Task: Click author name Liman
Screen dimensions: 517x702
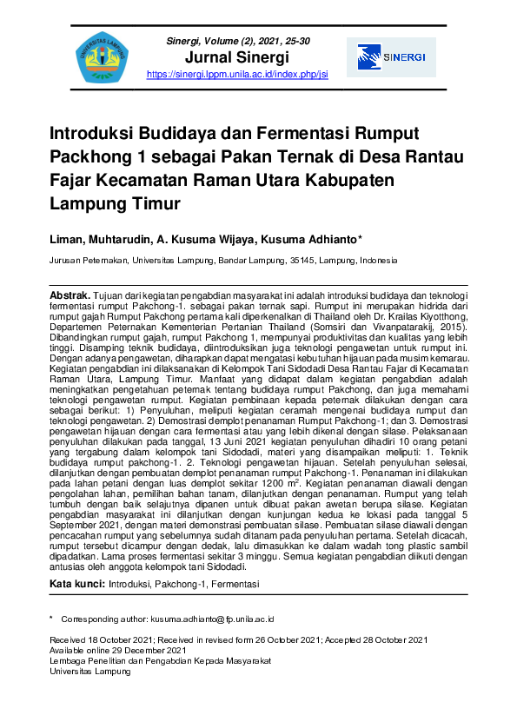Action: point(67,238)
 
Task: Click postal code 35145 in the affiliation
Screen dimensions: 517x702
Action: point(301,260)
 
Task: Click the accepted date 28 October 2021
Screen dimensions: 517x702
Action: point(394,639)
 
